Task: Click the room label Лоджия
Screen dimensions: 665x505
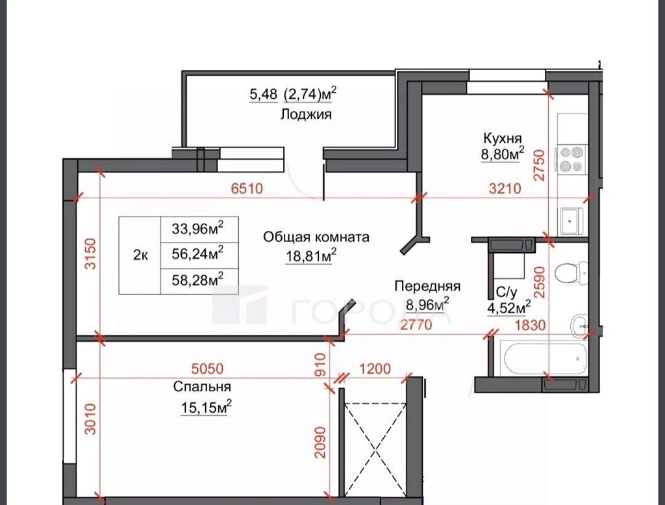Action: pyautogui.click(x=306, y=114)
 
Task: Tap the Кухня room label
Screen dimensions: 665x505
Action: pyautogui.click(x=502, y=138)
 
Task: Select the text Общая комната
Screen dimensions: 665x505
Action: pyautogui.click(x=316, y=237)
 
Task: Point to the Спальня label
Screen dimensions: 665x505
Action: pyautogui.click(x=203, y=387)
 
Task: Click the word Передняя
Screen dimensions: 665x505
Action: pyautogui.click(x=427, y=287)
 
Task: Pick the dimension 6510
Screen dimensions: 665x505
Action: pyautogui.click(x=247, y=188)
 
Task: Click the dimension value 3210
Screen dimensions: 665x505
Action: pyautogui.click(x=505, y=188)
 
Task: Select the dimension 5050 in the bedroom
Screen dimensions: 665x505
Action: pyautogui.click(x=207, y=369)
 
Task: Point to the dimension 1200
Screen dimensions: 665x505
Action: pyautogui.click(x=375, y=369)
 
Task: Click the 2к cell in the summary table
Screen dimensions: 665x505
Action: pyautogui.click(x=140, y=255)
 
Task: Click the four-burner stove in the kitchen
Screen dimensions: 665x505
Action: pyautogui.click(x=571, y=159)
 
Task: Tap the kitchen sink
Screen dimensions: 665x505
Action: pyautogui.click(x=572, y=221)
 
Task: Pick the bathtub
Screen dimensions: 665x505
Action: pyautogui.click(x=544, y=358)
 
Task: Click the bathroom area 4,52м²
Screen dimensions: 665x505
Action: pyautogui.click(x=509, y=308)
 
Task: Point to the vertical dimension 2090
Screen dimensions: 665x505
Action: pyautogui.click(x=320, y=442)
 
